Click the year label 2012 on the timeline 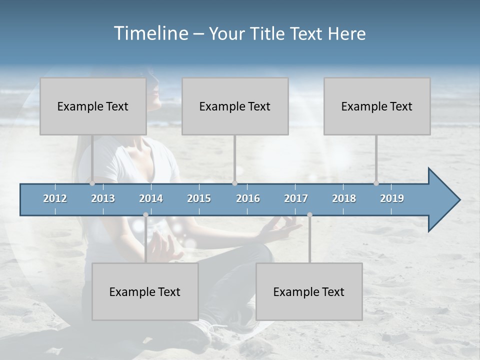pos(55,198)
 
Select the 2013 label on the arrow pos(103,198)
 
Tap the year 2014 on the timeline pos(151,198)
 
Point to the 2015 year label pos(199,198)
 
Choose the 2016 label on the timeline pos(248,198)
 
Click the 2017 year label pos(296,198)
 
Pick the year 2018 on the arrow pos(344,198)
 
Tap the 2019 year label pos(392,198)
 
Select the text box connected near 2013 pos(93,106)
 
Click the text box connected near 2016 pos(235,106)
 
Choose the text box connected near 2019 pos(377,106)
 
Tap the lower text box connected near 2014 pos(145,291)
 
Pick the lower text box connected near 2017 pos(309,291)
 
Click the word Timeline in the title pos(150,33)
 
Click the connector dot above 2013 pos(92,183)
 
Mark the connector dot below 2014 pos(145,215)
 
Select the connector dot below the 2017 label pos(309,215)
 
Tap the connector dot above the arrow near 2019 pos(376,183)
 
